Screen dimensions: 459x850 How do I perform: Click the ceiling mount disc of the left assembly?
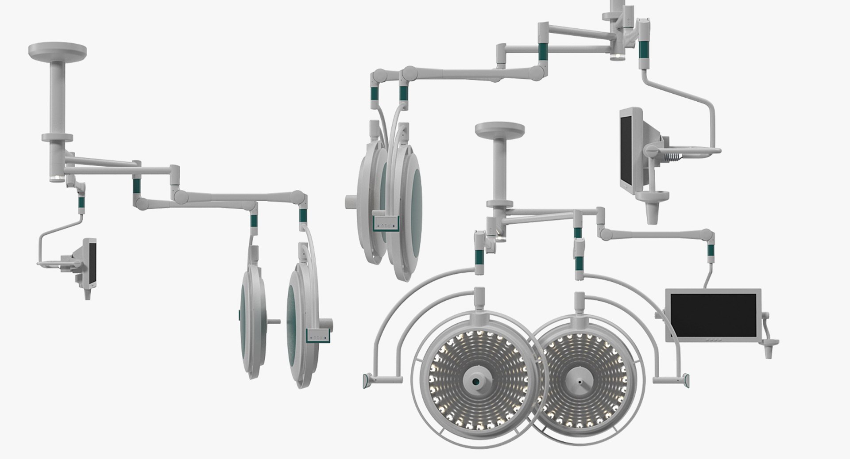pyautogui.click(x=57, y=50)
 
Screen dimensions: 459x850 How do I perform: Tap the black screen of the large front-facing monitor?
pyautogui.click(x=713, y=315)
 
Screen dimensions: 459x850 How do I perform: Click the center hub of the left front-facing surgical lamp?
pyautogui.click(x=476, y=381)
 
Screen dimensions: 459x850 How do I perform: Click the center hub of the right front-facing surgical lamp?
pyautogui.click(x=579, y=381)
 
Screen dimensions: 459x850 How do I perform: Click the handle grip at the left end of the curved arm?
pyautogui.click(x=368, y=380)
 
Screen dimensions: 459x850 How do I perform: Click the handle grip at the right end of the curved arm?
pyautogui.click(x=687, y=380)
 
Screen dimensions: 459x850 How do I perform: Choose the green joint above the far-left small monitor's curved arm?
pyautogui.click(x=81, y=204)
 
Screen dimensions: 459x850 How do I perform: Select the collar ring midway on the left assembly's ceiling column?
pyautogui.click(x=57, y=138)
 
